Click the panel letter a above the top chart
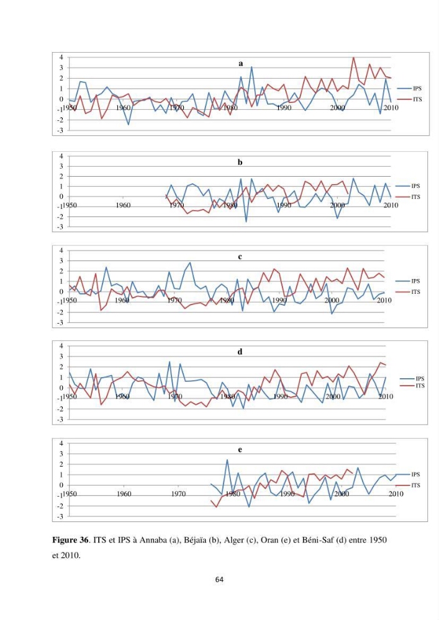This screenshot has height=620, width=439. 241,64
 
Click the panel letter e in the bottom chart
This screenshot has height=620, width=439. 240,449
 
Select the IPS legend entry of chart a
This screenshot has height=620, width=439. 409,89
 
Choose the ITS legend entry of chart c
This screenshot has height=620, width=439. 408,292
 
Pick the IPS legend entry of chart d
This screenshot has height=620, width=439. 412,378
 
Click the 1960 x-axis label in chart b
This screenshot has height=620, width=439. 123,205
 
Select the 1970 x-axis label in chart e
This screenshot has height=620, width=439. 179,494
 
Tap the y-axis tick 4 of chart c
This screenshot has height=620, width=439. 61,250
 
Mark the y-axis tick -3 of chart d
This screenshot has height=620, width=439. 60,420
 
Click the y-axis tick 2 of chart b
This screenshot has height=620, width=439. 61,176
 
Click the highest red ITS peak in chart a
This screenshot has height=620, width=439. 353,58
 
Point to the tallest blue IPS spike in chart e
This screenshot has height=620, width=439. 227,459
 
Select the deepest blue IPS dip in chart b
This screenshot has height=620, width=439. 246,221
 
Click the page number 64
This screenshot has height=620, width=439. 219,580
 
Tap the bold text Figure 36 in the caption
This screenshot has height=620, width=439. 70,540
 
